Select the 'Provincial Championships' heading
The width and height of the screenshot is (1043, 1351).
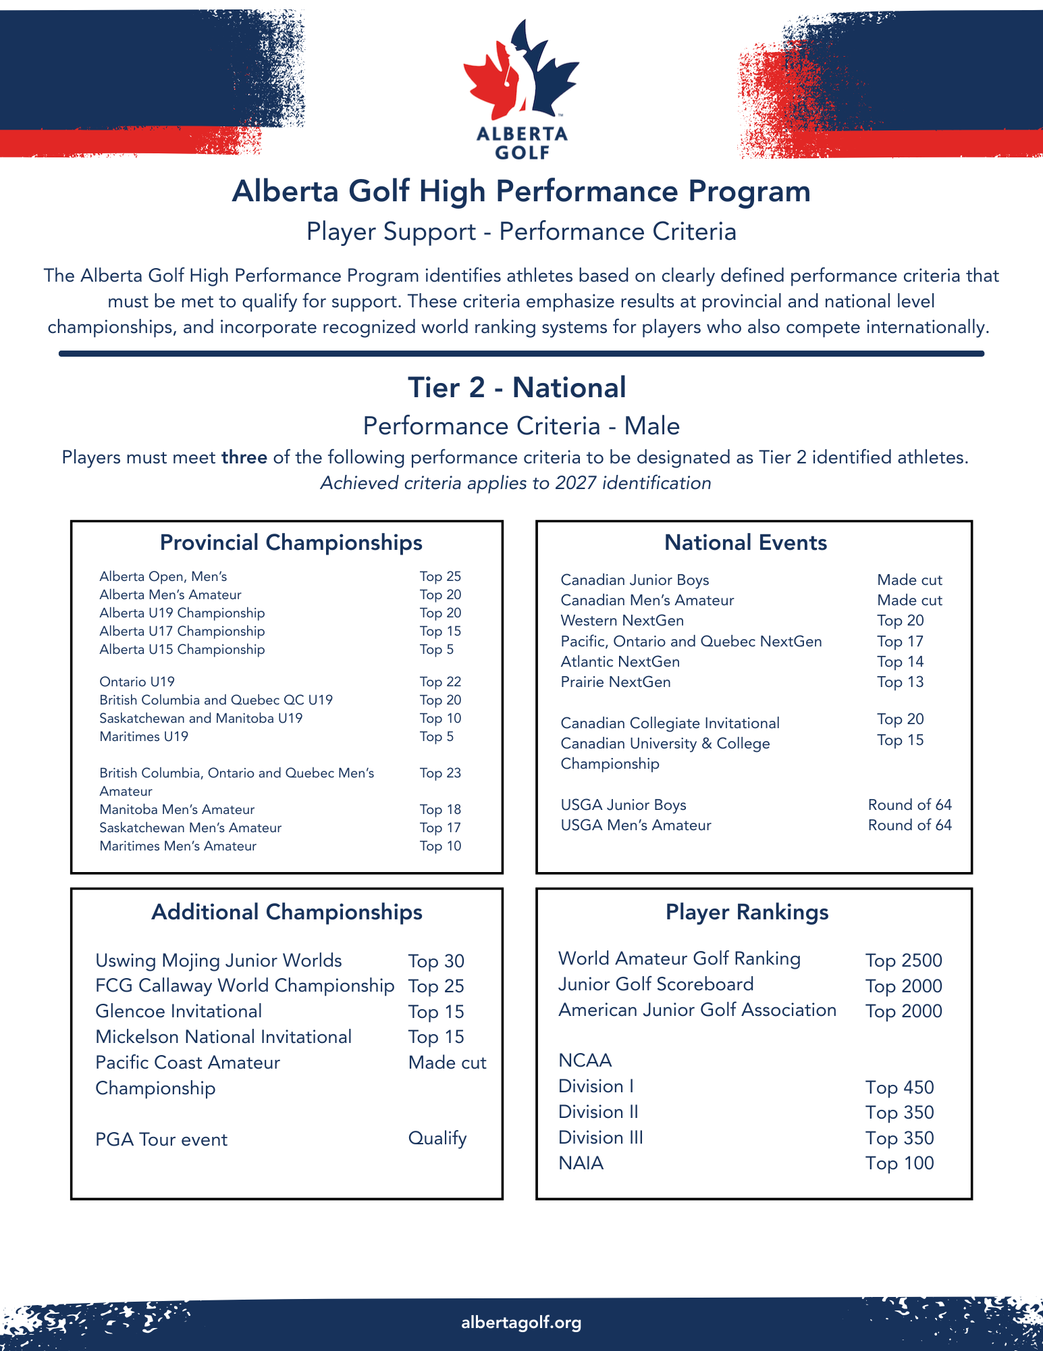coord(291,542)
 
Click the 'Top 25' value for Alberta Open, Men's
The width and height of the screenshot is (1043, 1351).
coord(440,576)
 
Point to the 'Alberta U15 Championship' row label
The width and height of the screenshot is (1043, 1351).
coord(182,649)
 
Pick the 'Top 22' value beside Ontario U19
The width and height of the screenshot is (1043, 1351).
coord(440,682)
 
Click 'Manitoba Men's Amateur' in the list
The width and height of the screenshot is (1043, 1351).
coord(177,809)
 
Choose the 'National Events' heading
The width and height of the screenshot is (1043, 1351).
coord(745,542)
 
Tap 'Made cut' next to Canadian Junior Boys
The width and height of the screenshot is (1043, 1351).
coord(909,580)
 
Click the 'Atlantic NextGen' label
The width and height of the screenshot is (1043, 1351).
coord(620,661)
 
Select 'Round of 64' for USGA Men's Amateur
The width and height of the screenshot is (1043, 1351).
coord(909,825)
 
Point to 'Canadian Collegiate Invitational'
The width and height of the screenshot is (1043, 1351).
coord(670,723)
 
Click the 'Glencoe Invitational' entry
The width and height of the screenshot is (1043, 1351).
coord(178,1011)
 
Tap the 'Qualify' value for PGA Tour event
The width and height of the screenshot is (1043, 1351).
coord(437,1138)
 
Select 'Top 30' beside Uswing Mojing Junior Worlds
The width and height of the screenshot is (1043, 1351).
coord(436,961)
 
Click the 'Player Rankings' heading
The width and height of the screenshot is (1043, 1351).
coord(747,912)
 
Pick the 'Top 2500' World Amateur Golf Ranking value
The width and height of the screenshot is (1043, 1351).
coord(903,960)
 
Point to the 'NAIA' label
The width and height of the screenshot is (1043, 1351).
coord(581,1163)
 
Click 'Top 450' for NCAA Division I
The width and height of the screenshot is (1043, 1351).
coord(899,1087)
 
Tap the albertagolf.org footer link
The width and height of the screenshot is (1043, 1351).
coord(521,1322)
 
